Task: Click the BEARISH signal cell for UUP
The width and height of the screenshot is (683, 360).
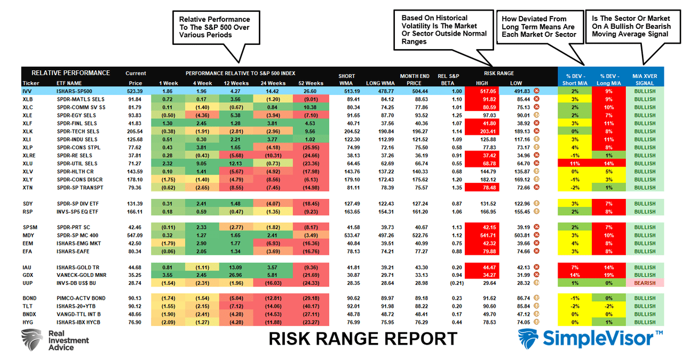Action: pyautogui.click(x=645, y=283)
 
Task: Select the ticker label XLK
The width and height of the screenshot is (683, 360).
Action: pyautogui.click(x=27, y=131)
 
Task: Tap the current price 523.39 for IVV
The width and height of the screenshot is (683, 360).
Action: pyautogui.click(x=136, y=92)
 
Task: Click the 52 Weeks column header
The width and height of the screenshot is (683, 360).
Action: pyautogui.click(x=312, y=83)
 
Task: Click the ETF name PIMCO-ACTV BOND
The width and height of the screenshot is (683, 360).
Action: pyautogui.click(x=79, y=298)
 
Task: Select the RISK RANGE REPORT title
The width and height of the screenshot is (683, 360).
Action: pyautogui.click(x=362, y=339)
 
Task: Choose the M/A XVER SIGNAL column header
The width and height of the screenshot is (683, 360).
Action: pyautogui.click(x=645, y=79)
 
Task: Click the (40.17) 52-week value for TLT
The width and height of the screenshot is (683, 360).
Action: pyautogui.click(x=312, y=306)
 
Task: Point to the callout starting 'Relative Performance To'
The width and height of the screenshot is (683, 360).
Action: pyautogui.click(x=218, y=27)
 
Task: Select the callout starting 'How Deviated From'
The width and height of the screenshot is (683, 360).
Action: pyautogui.click(x=539, y=27)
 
